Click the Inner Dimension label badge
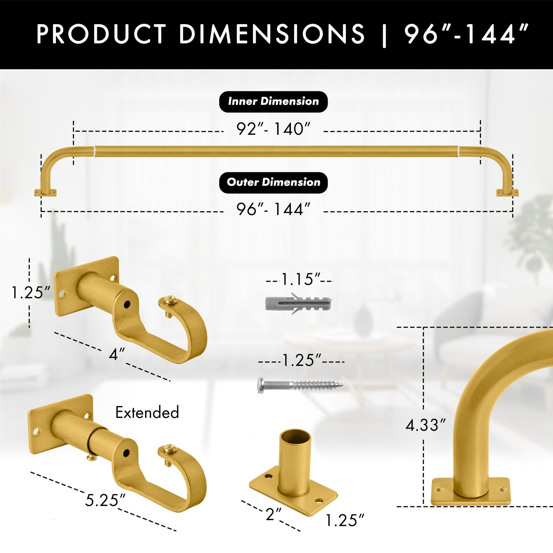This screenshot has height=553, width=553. [x=273, y=101]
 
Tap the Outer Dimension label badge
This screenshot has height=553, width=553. [x=273, y=183]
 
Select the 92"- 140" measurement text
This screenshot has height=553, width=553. [x=274, y=129]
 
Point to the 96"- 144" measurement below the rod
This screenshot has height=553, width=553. [x=274, y=209]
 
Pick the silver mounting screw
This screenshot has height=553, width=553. [x=300, y=385]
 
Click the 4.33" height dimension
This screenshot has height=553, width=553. [x=426, y=425]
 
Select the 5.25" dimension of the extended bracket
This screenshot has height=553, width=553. [x=105, y=500]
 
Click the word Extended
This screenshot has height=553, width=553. [x=147, y=413]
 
